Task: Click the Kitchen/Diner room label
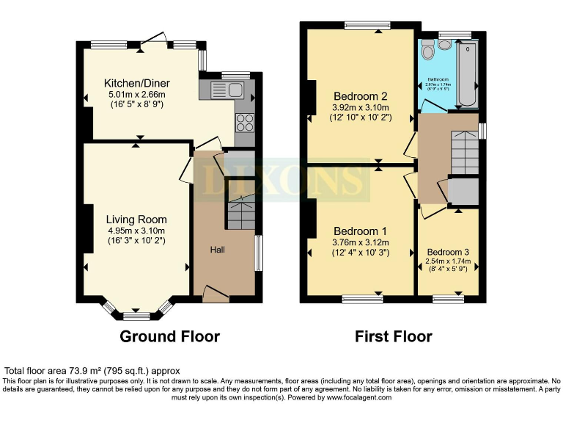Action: click(x=136, y=82)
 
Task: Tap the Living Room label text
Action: click(x=136, y=219)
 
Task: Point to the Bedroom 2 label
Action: click(x=359, y=96)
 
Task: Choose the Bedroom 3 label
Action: click(x=448, y=252)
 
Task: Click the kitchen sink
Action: click(x=227, y=90)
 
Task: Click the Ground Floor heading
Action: click(x=170, y=336)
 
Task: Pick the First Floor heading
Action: click(x=394, y=336)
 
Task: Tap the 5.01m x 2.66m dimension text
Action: click(x=136, y=94)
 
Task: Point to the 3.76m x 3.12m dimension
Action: click(x=359, y=242)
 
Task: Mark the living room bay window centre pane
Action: click(x=136, y=317)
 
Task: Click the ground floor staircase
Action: click(x=240, y=213)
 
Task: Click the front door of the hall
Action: click(x=216, y=294)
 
